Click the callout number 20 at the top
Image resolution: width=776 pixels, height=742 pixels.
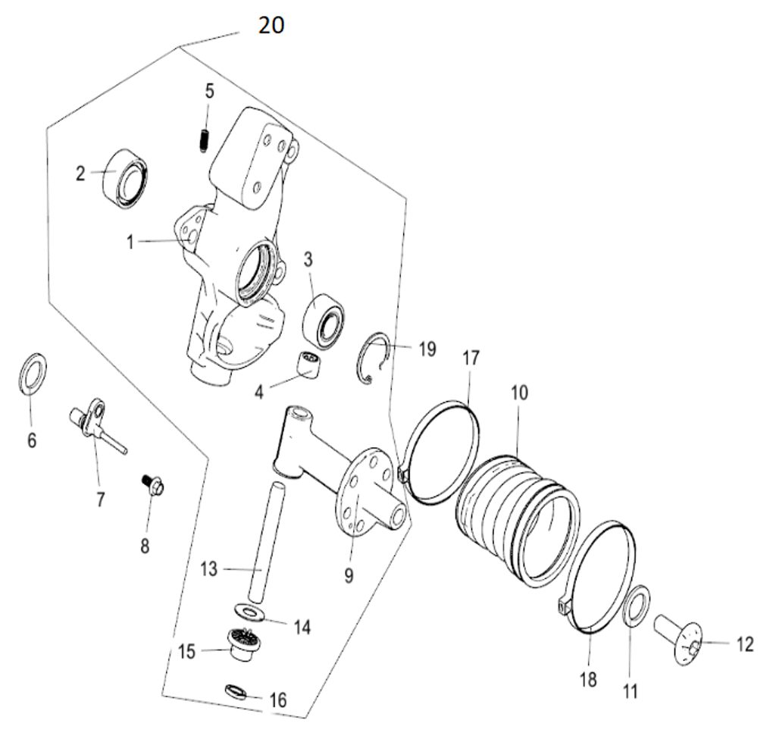pyautogui.click(x=271, y=25)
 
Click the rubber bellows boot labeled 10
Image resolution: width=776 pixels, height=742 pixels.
pyautogui.click(x=515, y=515)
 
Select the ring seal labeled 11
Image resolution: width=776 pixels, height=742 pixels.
pyautogui.click(x=636, y=606)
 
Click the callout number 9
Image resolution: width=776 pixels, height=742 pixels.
pyautogui.click(x=349, y=576)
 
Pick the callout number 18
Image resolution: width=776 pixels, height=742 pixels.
pyautogui.click(x=588, y=679)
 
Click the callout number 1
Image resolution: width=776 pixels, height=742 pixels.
pyautogui.click(x=130, y=242)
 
